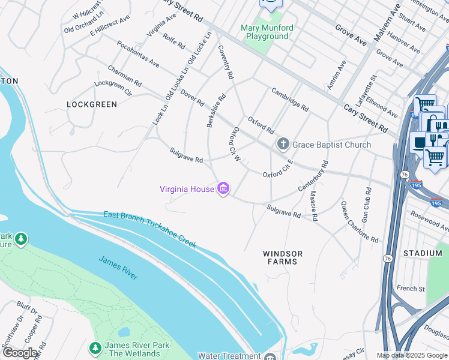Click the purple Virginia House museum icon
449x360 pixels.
(x=223, y=189)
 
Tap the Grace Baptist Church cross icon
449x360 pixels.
(x=283, y=145)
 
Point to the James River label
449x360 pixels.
(x=118, y=268)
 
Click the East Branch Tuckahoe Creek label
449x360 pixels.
(x=149, y=230)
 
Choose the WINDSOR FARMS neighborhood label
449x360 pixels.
(x=283, y=258)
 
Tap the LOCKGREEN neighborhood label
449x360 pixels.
(x=91, y=104)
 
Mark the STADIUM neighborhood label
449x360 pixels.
(x=423, y=254)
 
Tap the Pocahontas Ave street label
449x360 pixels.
(x=139, y=54)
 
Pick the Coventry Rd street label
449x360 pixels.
(x=225, y=62)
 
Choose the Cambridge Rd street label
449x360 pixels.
(x=290, y=100)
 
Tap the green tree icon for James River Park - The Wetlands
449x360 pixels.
(x=95, y=347)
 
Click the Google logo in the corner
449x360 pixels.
(x=20, y=353)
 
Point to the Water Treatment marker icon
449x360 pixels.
(x=270, y=356)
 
